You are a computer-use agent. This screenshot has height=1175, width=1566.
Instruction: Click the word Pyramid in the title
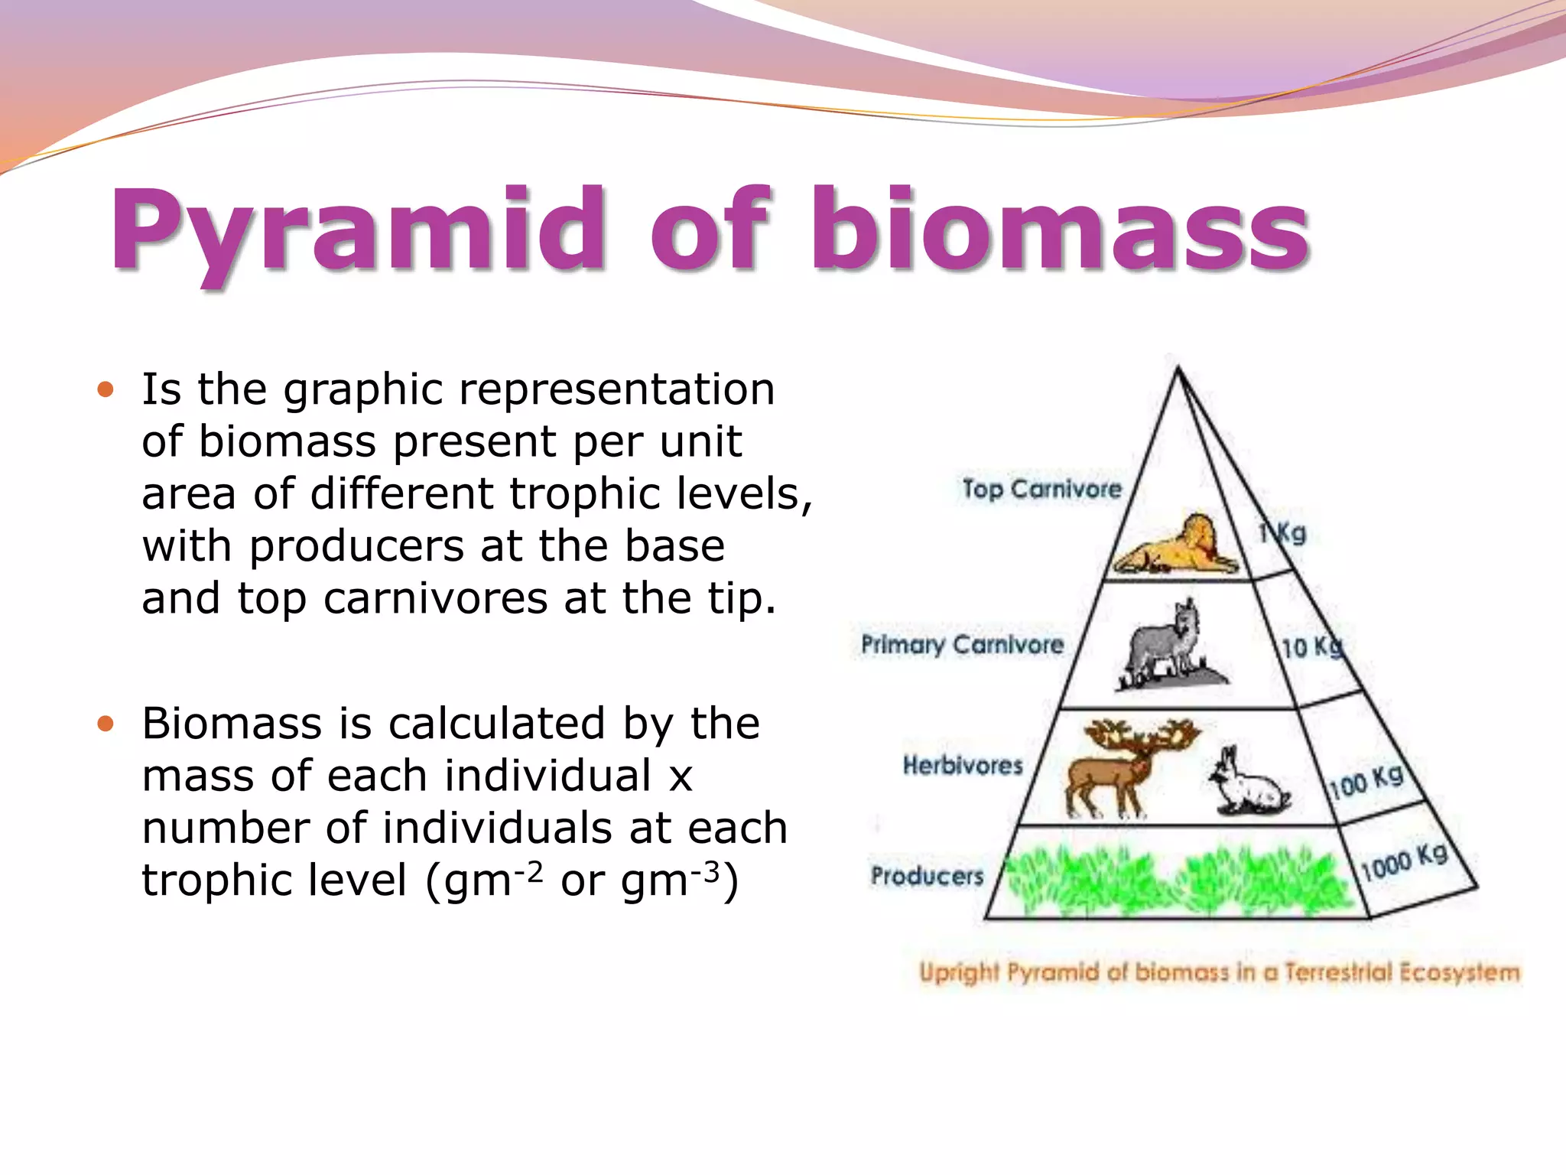point(359,229)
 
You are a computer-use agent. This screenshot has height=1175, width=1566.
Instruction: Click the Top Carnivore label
point(1041,489)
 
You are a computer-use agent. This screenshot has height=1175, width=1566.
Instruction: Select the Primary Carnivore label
point(962,644)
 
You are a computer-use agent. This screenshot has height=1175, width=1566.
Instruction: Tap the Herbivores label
point(962,764)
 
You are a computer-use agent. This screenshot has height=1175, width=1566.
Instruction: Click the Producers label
point(927,875)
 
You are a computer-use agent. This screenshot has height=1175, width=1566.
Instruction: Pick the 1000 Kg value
point(1403,861)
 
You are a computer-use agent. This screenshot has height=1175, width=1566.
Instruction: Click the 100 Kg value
point(1366,780)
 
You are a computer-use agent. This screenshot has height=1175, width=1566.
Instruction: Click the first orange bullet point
point(106,390)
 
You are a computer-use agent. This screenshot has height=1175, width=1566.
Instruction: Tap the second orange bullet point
point(106,724)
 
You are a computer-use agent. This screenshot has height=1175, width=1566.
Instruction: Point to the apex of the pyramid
point(1178,369)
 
